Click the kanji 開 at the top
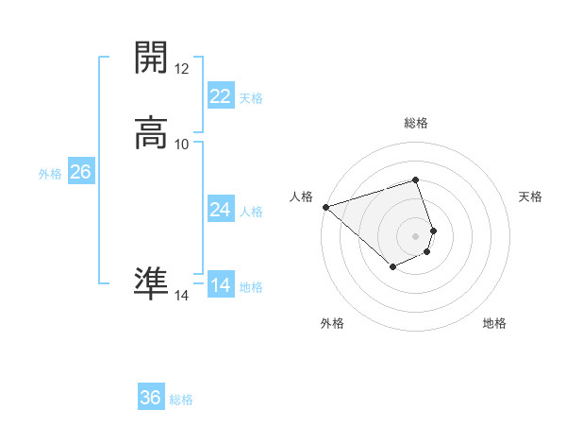tap(151, 59)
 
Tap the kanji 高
tap(151, 133)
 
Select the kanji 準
tap(151, 282)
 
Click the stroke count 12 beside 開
tap(182, 69)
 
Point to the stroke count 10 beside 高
tap(182, 144)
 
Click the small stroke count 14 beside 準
tap(182, 296)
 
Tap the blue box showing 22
tap(220, 96)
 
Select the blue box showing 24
tap(220, 210)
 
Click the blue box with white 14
tap(220, 285)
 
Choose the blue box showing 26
tap(80, 172)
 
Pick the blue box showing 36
tap(151, 398)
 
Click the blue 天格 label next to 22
tap(251, 98)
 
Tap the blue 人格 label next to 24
tap(251, 212)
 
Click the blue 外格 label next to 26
tap(50, 174)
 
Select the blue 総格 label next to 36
tap(182, 400)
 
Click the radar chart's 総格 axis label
tap(416, 123)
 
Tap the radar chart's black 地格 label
tap(494, 324)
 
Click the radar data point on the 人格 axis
tap(325, 207)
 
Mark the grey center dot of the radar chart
tap(416, 235)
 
